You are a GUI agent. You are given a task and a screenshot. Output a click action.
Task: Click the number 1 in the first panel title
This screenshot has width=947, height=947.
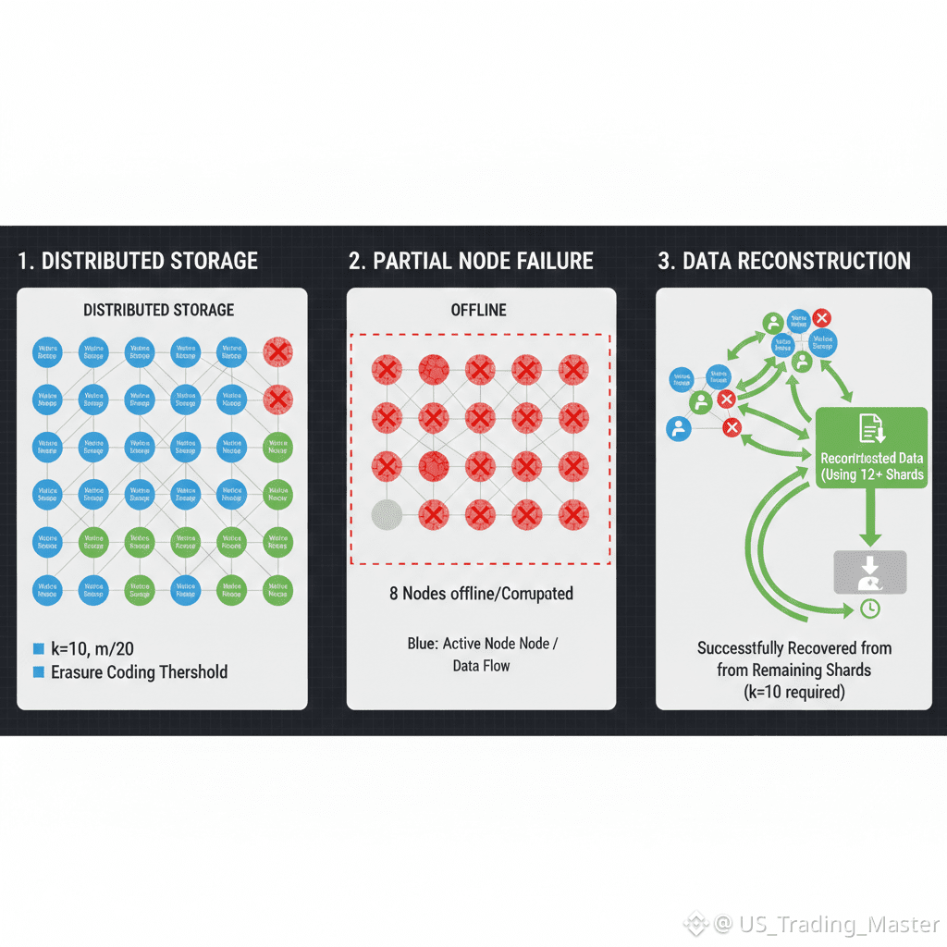click(x=23, y=261)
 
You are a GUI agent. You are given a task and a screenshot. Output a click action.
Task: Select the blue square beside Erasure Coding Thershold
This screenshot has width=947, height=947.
click(x=38, y=672)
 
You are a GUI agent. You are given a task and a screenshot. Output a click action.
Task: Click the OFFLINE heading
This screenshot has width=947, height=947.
click(x=479, y=310)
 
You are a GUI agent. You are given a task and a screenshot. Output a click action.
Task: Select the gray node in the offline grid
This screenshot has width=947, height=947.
click(x=386, y=514)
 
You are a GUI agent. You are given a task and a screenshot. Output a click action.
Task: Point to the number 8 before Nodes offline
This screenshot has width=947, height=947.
click(x=395, y=594)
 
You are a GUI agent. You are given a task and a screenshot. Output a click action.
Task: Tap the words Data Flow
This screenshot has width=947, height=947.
click(x=481, y=665)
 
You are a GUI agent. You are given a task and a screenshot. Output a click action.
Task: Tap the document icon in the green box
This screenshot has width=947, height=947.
click(x=872, y=427)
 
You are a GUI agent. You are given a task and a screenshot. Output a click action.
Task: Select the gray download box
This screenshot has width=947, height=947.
click(x=870, y=572)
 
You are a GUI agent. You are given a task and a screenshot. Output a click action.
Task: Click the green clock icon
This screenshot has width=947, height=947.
click(x=869, y=609)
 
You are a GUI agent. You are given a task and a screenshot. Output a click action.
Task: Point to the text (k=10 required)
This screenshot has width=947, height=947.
click(x=794, y=692)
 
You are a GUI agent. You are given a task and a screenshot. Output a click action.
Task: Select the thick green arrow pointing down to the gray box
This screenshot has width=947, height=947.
click(x=870, y=518)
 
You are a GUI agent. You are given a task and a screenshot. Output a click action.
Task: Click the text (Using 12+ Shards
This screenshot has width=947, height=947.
click(x=872, y=475)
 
